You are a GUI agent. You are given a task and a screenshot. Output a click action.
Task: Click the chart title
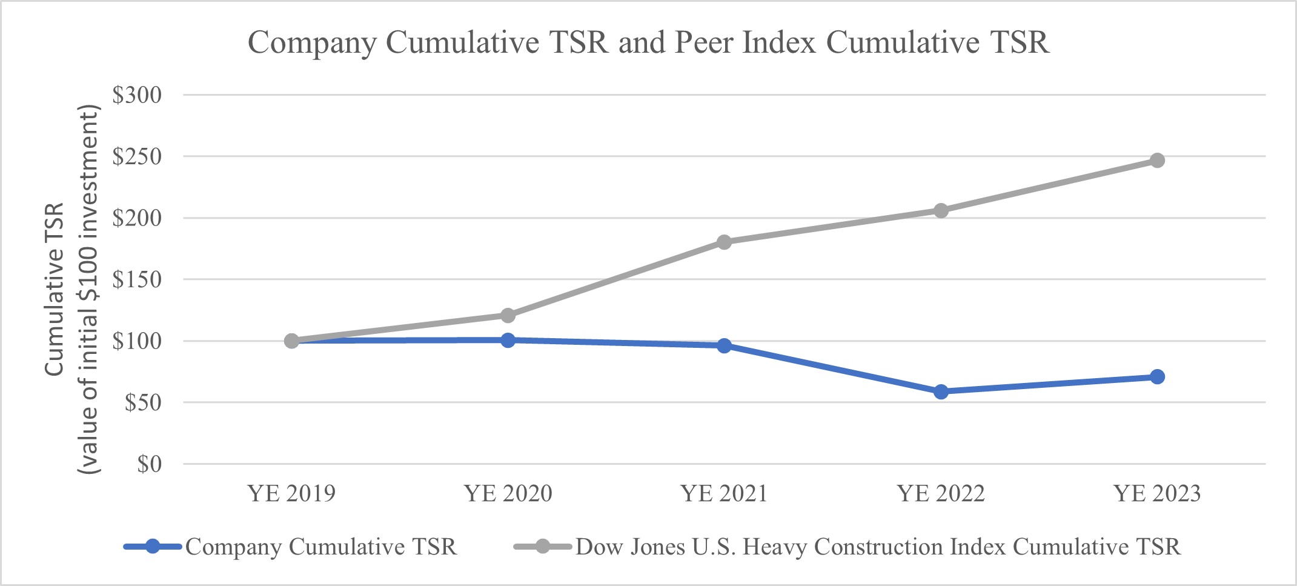click(648, 42)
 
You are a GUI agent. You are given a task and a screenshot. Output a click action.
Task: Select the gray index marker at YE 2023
click(1157, 161)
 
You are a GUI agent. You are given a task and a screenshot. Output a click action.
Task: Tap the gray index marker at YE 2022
click(941, 211)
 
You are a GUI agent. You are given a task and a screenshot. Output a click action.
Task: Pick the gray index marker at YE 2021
click(724, 242)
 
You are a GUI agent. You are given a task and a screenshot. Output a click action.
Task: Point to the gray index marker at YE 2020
click(508, 316)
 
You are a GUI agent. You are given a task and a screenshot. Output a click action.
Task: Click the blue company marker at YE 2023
click(1157, 377)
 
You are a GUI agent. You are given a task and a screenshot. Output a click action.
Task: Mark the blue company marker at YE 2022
click(941, 391)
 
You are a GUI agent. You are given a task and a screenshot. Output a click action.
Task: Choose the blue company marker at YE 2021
click(724, 346)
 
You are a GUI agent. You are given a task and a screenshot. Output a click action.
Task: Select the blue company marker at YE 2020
click(508, 340)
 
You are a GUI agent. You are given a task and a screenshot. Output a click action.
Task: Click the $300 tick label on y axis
click(137, 95)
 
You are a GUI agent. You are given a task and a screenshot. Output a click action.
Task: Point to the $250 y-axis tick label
click(137, 156)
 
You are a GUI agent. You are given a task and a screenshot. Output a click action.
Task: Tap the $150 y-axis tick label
click(137, 279)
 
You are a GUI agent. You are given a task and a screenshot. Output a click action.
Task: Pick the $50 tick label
click(143, 402)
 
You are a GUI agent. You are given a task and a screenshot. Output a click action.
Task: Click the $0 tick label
click(149, 464)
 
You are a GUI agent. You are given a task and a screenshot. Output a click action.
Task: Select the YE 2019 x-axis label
click(291, 494)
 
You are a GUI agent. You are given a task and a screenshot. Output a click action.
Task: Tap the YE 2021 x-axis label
click(724, 494)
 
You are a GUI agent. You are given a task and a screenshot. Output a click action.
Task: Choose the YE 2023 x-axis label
click(1157, 494)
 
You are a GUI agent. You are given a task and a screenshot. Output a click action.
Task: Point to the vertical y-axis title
click(71, 289)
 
